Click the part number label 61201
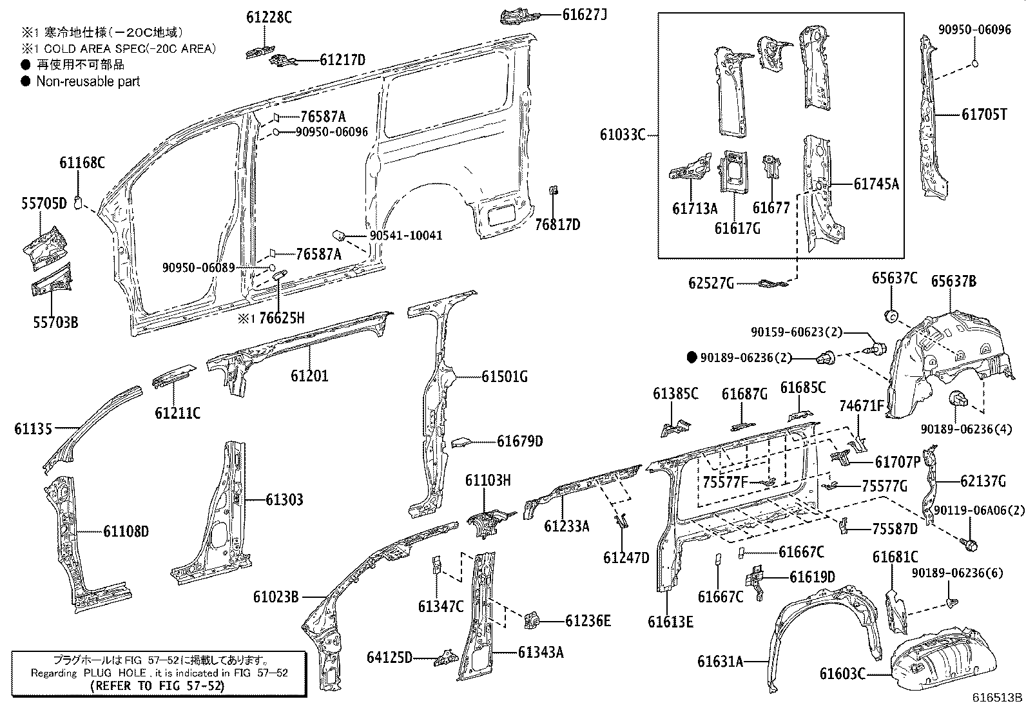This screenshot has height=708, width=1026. (x=309, y=375)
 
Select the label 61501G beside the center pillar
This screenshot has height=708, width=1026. (x=504, y=377)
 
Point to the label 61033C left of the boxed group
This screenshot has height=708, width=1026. (x=622, y=135)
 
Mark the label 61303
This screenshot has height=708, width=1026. (x=284, y=499)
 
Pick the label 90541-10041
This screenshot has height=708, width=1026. (x=406, y=235)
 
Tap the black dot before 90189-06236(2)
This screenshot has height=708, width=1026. (x=692, y=358)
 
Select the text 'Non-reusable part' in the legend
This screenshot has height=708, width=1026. (x=88, y=81)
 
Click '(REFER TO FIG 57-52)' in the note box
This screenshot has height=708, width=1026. (x=157, y=686)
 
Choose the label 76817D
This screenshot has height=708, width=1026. (x=557, y=224)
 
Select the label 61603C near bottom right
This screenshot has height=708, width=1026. (x=842, y=674)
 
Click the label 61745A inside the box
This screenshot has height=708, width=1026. (x=876, y=184)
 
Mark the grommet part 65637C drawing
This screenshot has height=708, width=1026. (x=891, y=316)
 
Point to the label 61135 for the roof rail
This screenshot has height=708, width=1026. (x=33, y=428)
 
